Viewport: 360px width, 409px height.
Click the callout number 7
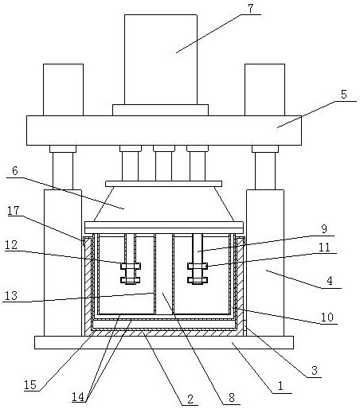pyautogui.click(x=251, y=8)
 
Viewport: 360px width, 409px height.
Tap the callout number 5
pyautogui.click(x=344, y=95)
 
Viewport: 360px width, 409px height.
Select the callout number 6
pyautogui.click(x=15, y=171)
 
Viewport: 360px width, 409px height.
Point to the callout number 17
pyautogui.click(x=14, y=211)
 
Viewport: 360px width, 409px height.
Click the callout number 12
pyautogui.click(x=11, y=245)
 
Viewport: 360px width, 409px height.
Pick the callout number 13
pyautogui.click(x=11, y=295)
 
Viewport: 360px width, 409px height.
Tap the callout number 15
pyautogui.click(x=30, y=385)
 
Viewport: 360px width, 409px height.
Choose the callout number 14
pyautogui.click(x=78, y=397)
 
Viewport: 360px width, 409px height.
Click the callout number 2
pyautogui.click(x=190, y=399)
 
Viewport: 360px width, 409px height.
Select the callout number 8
pyautogui.click(x=232, y=398)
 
